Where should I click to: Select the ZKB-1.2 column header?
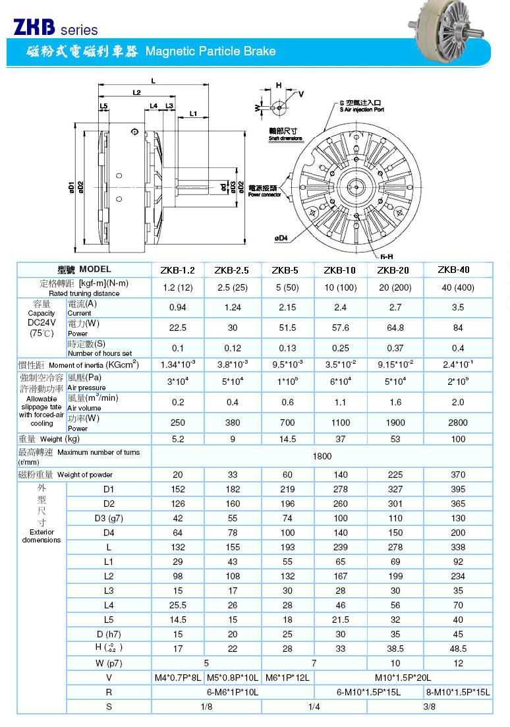click(178, 270)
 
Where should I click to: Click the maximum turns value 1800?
click(322, 456)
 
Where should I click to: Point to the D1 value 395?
click(458, 489)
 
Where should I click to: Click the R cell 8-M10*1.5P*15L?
click(458, 692)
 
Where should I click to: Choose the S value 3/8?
click(430, 707)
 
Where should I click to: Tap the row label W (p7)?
click(109, 663)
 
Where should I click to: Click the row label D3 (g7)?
click(109, 518)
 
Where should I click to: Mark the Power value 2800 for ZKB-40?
click(458, 423)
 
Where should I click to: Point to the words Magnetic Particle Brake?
click(210, 51)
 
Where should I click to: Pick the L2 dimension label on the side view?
click(136, 93)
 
